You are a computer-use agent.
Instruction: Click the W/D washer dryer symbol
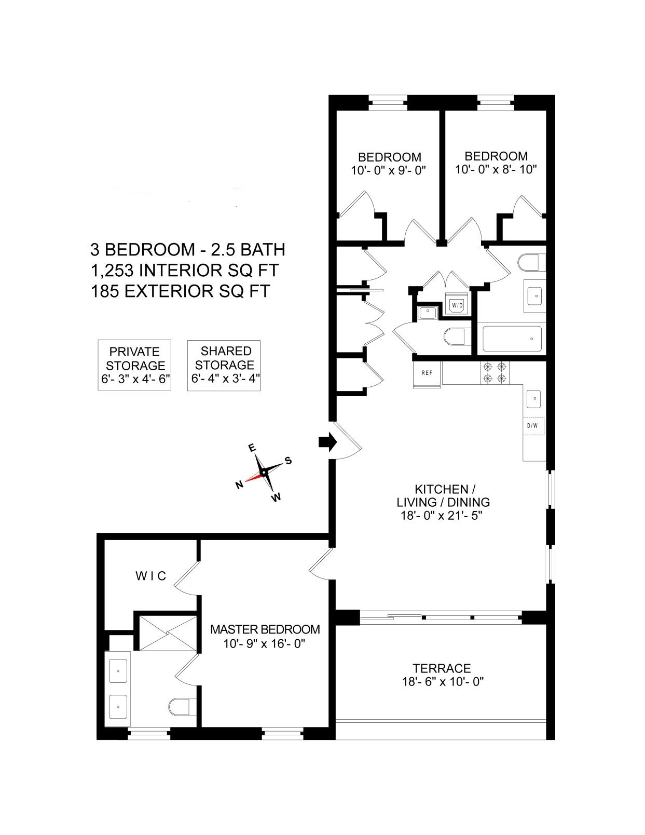tap(457, 305)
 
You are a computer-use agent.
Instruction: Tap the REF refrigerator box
tap(427, 373)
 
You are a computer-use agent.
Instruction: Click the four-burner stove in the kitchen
tap(495, 372)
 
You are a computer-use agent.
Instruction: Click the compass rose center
tap(263, 472)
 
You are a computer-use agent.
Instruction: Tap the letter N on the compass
tap(239, 485)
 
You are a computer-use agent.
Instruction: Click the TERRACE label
tap(442, 668)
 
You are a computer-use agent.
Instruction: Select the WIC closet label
tap(151, 575)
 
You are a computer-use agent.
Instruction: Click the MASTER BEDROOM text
tap(265, 629)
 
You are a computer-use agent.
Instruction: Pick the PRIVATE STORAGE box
tap(134, 365)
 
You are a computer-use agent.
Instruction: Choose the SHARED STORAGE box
tap(224, 365)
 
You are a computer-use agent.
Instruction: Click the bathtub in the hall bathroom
tap(512, 339)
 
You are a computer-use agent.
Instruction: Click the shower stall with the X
tap(168, 632)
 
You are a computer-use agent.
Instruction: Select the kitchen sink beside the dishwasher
tap(534, 399)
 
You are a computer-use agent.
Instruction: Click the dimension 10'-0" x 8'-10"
tap(496, 169)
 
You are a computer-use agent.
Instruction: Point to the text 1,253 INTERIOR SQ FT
tap(184, 271)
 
